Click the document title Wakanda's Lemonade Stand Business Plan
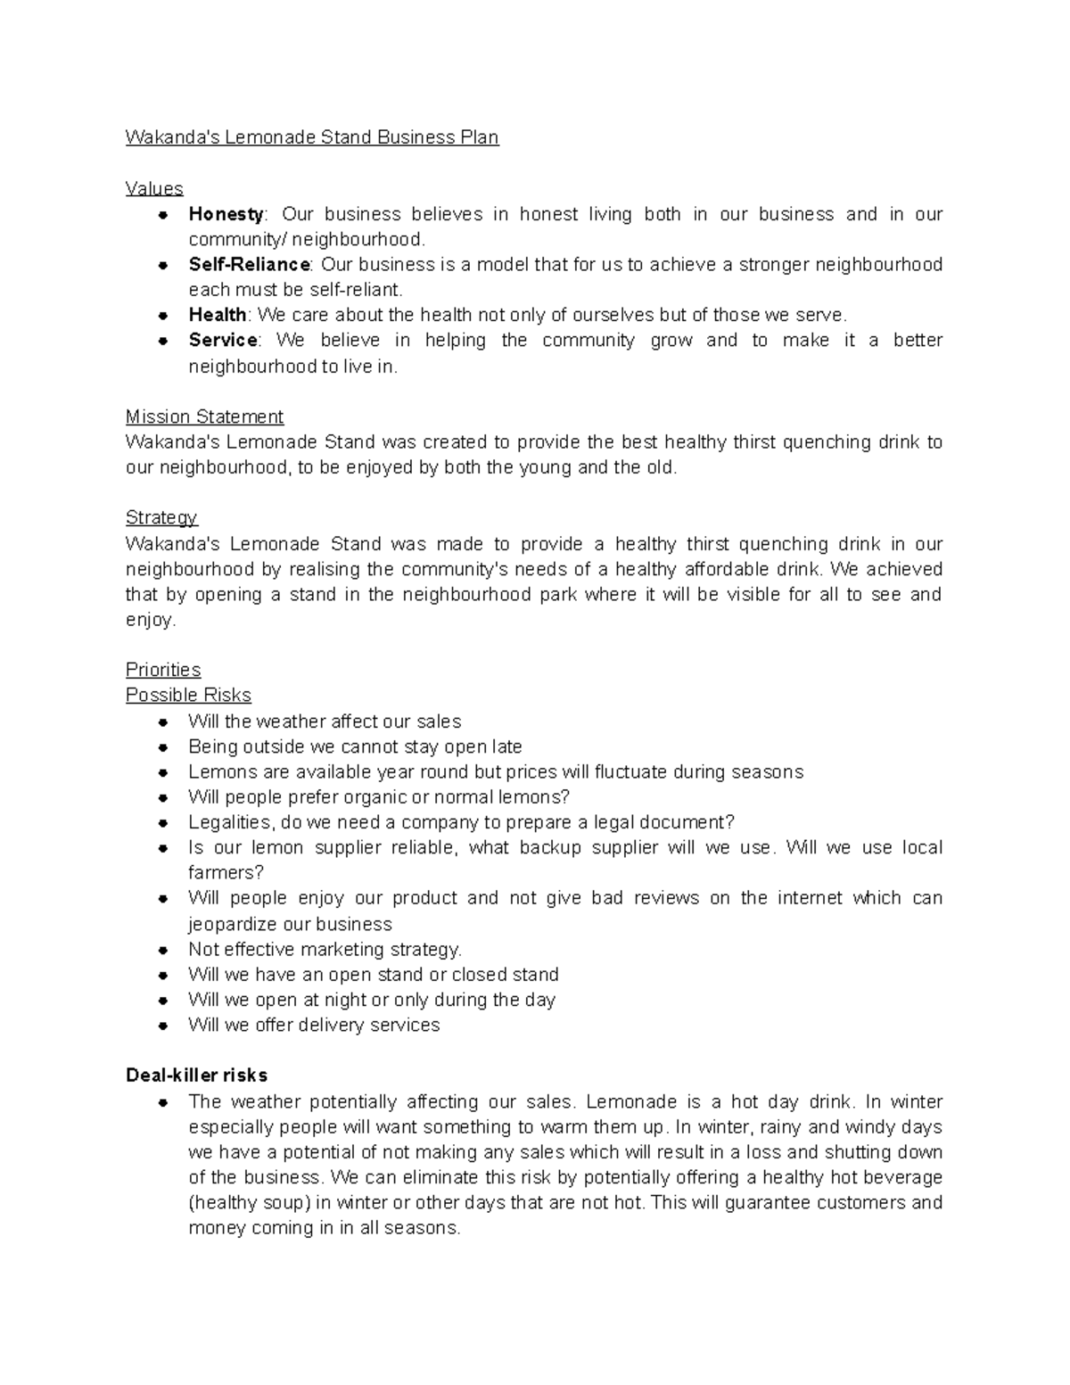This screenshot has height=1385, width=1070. click(x=312, y=137)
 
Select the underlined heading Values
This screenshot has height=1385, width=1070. click(x=154, y=188)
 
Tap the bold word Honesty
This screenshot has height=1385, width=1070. click(x=226, y=214)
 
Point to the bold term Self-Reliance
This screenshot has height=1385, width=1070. click(x=249, y=265)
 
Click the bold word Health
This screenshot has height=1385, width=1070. click(x=218, y=315)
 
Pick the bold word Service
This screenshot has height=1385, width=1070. click(x=223, y=340)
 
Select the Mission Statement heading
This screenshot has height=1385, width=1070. click(x=204, y=416)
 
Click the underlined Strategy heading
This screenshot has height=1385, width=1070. click(x=161, y=517)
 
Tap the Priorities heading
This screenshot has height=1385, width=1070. click(x=163, y=670)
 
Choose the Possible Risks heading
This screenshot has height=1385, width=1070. click(x=188, y=695)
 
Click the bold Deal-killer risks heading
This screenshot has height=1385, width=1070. click(x=196, y=1075)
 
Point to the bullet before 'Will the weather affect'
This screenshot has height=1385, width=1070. click(x=162, y=721)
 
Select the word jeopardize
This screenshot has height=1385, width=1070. click(x=233, y=924)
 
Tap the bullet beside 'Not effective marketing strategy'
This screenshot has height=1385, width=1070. click(x=162, y=950)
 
